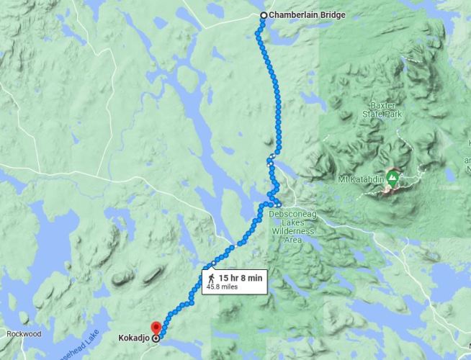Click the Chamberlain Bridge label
302,14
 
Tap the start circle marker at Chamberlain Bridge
264,15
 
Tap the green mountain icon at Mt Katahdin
392,176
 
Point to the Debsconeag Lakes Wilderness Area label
292,222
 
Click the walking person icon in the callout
210,276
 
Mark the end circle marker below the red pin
156,336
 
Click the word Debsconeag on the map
292,214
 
